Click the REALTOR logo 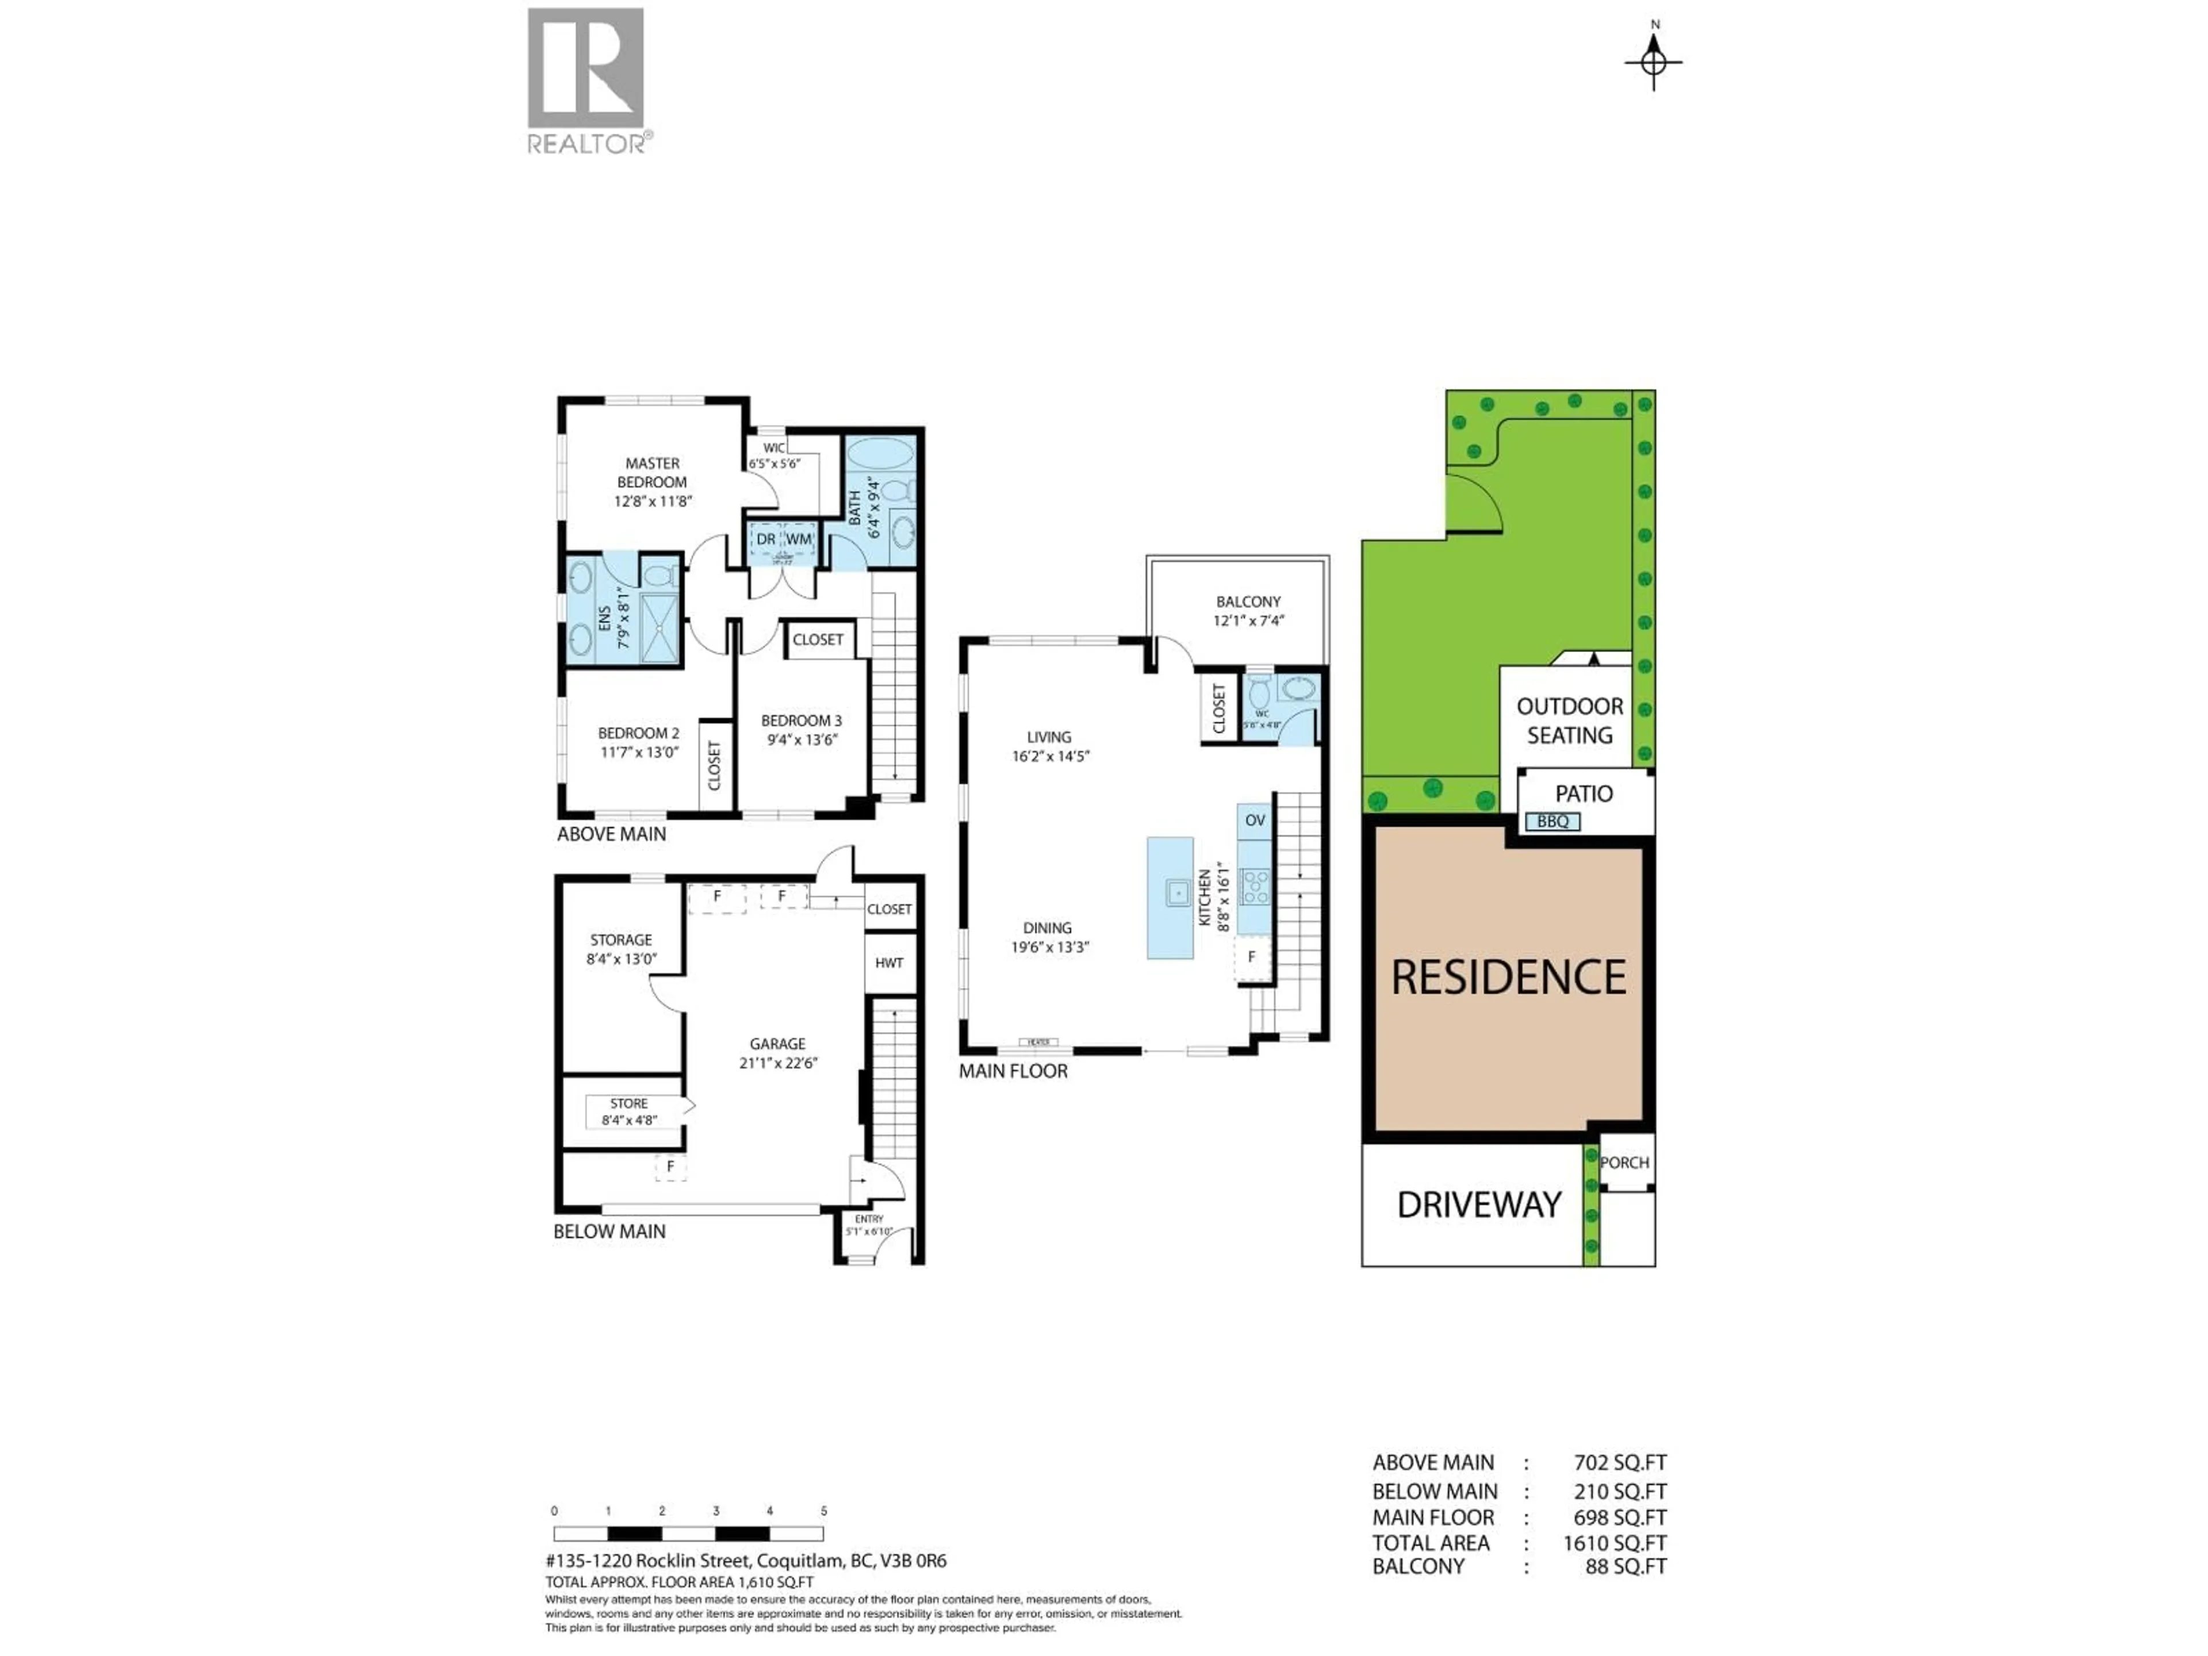(586, 80)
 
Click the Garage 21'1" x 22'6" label (777, 1053)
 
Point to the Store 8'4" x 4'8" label (629, 1111)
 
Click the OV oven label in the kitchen (1255, 821)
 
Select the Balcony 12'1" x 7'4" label (1248, 611)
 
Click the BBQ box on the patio (1552, 822)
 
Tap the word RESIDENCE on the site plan (1508, 977)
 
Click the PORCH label (1624, 1162)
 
